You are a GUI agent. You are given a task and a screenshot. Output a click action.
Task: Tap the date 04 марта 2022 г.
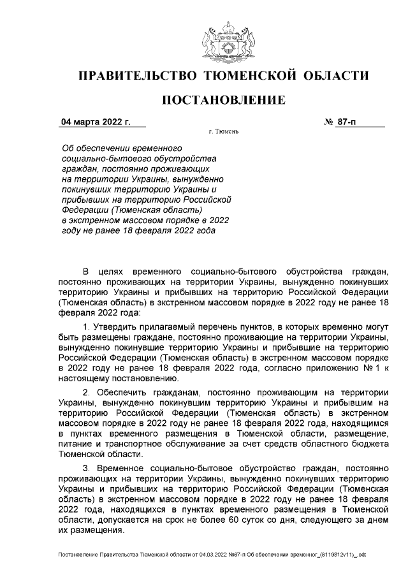pyautogui.click(x=95, y=121)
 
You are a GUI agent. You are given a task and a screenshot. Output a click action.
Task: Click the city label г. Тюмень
pyautogui.click(x=223, y=133)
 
